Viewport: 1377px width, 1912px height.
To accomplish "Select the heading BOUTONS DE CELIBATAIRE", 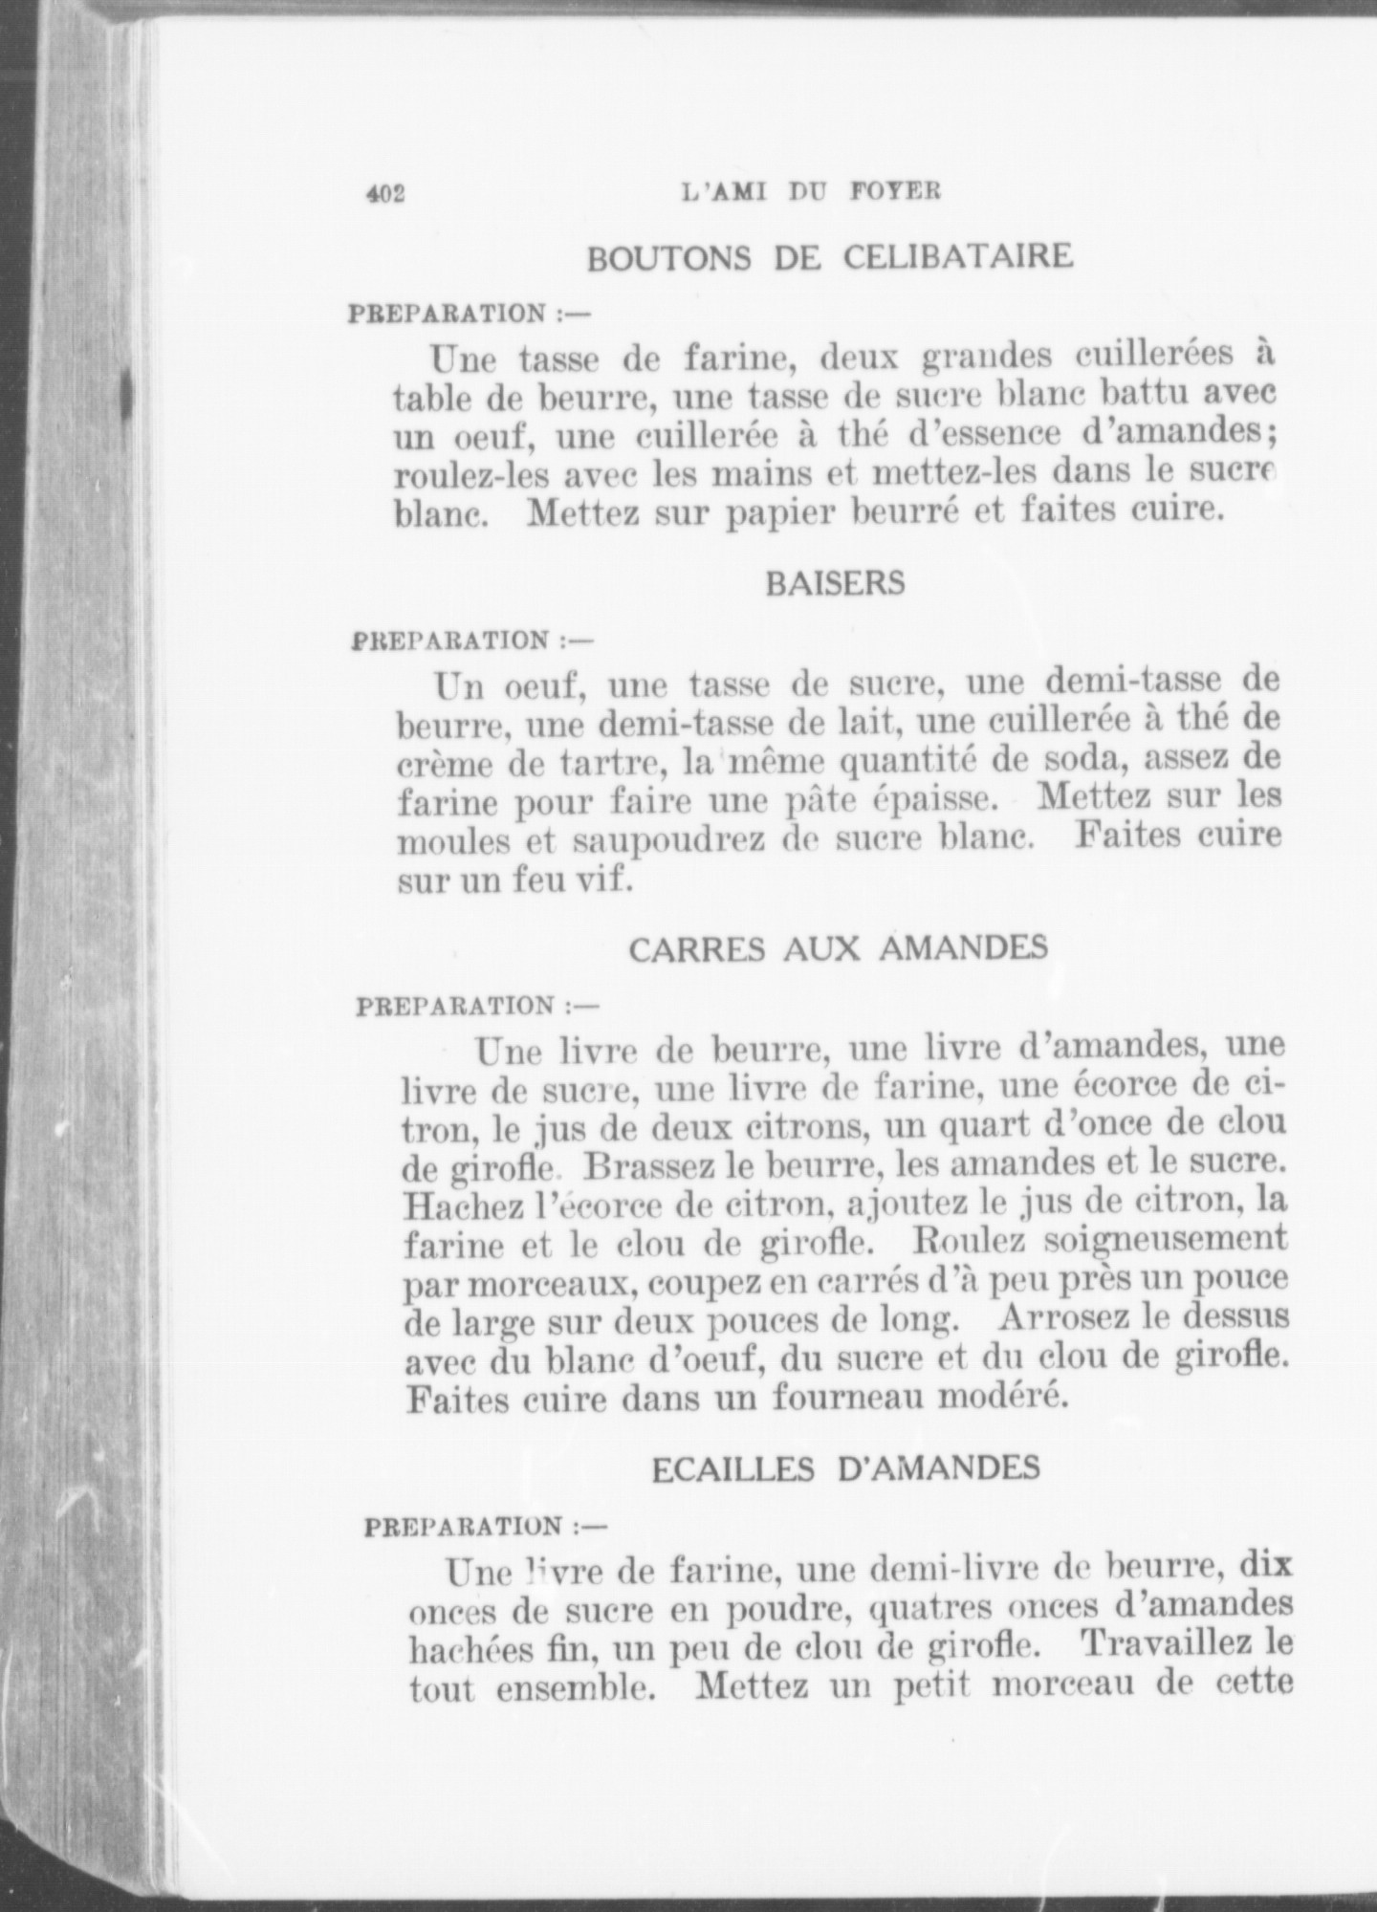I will (829, 257).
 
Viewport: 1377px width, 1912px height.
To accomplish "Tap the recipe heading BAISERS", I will (835, 584).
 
